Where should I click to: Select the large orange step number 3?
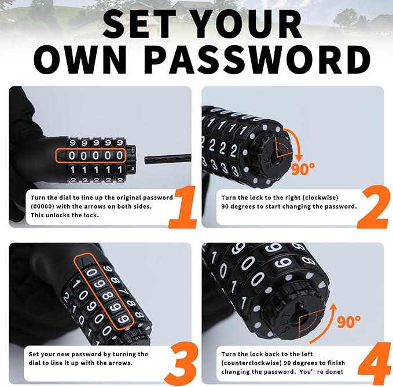pyautogui.click(x=181, y=359)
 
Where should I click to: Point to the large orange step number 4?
pyautogui.click(x=373, y=360)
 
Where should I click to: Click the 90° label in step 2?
pyautogui.click(x=303, y=169)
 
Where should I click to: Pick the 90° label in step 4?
pyautogui.click(x=348, y=320)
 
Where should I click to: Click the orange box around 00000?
pyautogui.click(x=91, y=155)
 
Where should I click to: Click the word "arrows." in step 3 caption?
pyautogui.click(x=122, y=362)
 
